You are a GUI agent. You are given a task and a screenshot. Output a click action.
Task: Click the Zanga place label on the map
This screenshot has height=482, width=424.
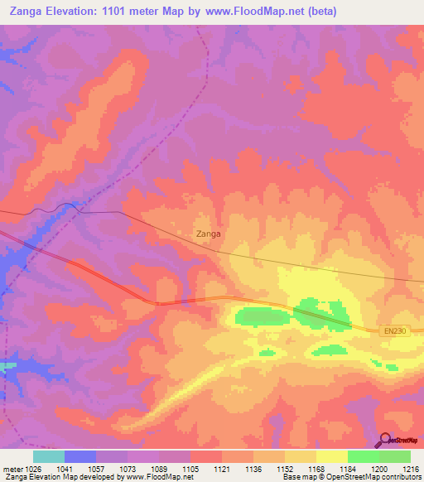208,234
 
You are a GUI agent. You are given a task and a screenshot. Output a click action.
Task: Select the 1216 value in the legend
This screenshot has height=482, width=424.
412,469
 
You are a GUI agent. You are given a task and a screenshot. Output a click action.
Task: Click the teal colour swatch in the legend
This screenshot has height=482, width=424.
49,456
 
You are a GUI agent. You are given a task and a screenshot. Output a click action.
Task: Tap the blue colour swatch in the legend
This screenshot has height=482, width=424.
80,456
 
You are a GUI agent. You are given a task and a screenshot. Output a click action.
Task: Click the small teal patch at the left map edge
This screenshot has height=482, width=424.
7,365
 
